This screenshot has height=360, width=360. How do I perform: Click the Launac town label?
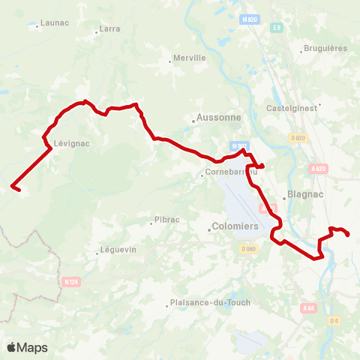click(54, 23)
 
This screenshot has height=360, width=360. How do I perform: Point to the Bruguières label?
click(323, 50)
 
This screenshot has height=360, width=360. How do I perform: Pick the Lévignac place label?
click(68, 142)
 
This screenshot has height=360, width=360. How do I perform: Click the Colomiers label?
click(235, 226)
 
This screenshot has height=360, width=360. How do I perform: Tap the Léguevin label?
click(119, 250)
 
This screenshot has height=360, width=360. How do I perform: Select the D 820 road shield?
click(298, 137)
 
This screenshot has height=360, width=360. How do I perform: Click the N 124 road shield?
click(70, 282)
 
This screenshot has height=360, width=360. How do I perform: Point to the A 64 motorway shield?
click(309, 307)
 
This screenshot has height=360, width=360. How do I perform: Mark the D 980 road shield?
click(249, 248)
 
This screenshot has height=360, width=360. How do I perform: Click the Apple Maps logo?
click(27, 347)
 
